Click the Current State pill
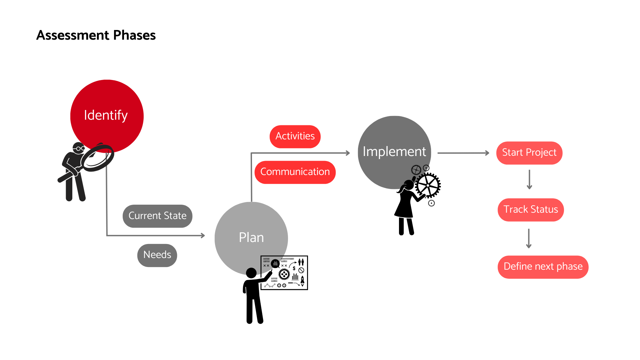click(157, 216)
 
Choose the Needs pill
click(157, 255)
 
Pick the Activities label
click(295, 136)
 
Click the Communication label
click(295, 172)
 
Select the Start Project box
click(529, 153)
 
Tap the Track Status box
click(531, 210)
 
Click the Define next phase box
click(543, 267)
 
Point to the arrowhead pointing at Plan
click(203, 235)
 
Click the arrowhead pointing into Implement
click(348, 153)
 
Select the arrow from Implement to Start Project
click(463, 153)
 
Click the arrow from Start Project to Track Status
click(529, 180)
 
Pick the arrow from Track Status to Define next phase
click(529, 238)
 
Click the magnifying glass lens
click(97, 158)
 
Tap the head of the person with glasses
click(79, 148)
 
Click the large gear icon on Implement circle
click(416, 170)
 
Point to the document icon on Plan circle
click(270, 263)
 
